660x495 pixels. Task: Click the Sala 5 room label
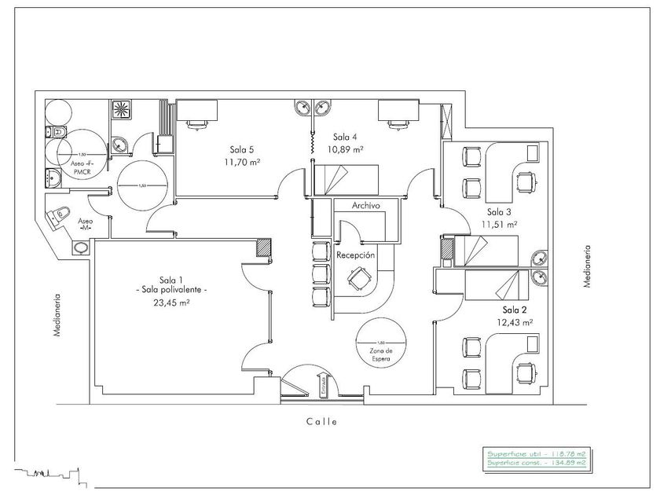tap(241, 149)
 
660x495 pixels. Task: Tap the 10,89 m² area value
tap(346, 149)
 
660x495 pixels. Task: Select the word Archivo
tap(366, 205)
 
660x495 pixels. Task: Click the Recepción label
tap(355, 255)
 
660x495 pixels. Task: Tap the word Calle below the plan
tap(321, 421)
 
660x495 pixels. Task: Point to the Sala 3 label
tap(499, 212)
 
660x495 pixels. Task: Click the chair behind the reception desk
tap(360, 277)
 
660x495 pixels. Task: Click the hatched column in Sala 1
tap(265, 247)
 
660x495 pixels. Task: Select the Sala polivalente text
tap(171, 290)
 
